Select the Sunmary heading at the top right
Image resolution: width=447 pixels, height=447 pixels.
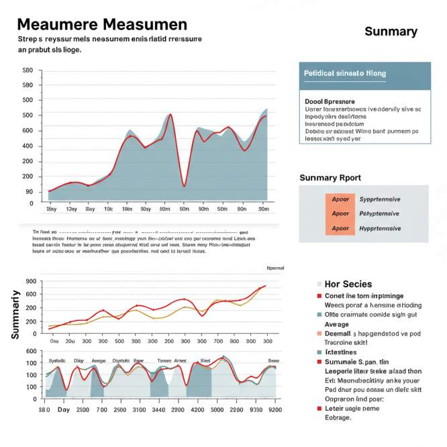(391, 32)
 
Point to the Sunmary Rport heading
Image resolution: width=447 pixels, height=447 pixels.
(330, 178)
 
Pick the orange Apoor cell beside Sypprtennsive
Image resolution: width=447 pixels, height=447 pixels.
(340, 199)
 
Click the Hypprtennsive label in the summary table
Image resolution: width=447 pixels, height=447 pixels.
(380, 228)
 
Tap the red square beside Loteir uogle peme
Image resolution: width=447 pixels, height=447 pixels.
(319, 407)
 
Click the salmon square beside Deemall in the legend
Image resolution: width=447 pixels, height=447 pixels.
(319, 333)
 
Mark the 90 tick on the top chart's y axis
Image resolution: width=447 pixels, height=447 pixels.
(29, 192)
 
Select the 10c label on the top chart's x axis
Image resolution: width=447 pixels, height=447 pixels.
(108, 209)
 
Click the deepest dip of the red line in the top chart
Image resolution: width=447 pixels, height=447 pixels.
(184, 185)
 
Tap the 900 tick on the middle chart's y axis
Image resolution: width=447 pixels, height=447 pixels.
(30, 282)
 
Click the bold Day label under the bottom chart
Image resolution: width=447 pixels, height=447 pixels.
(64, 409)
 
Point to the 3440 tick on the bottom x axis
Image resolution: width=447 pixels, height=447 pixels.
(158, 409)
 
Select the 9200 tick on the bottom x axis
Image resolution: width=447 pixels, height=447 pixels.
(275, 409)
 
